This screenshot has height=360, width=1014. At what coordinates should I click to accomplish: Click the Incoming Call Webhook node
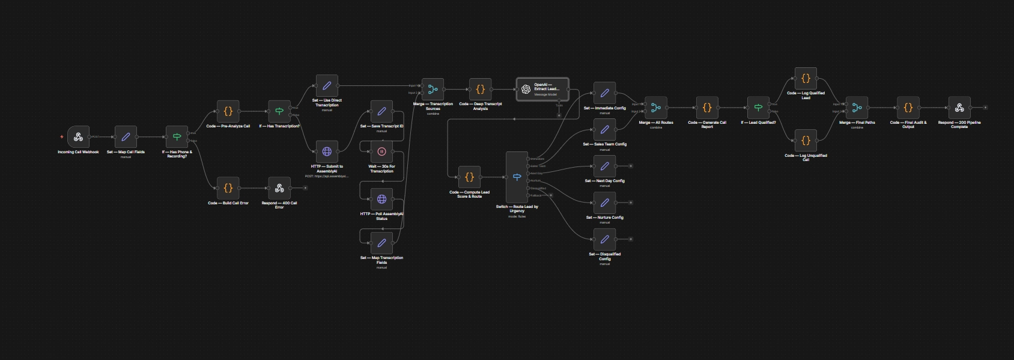78,137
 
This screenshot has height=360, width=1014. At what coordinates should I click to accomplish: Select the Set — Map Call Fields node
126,137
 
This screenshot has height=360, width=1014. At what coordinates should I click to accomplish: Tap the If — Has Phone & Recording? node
177,137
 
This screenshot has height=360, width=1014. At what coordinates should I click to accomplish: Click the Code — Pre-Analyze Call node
228,111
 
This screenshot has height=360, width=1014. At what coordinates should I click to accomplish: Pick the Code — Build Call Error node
228,188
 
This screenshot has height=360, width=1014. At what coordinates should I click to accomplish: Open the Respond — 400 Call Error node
279,188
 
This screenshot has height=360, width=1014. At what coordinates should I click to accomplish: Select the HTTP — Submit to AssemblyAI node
327,151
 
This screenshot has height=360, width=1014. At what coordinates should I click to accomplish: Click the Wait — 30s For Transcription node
381,151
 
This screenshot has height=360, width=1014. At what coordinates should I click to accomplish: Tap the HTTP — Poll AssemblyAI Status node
381,199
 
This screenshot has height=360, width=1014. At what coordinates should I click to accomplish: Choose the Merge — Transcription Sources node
433,90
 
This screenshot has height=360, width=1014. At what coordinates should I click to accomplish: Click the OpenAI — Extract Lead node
542,90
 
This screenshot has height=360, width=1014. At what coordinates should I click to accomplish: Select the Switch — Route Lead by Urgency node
517,177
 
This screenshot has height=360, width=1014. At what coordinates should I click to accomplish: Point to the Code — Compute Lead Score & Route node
469,177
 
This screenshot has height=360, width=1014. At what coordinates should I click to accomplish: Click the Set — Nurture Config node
604,203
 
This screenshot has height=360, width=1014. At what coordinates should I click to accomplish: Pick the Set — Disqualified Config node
604,239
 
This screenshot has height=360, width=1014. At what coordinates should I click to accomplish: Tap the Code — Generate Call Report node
707,108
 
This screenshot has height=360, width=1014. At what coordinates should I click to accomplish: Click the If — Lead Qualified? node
758,108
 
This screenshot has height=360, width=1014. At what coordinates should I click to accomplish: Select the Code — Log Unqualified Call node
806,141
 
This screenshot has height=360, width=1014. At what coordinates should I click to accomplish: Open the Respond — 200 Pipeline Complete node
959,108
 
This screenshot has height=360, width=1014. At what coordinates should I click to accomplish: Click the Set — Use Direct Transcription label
327,103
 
